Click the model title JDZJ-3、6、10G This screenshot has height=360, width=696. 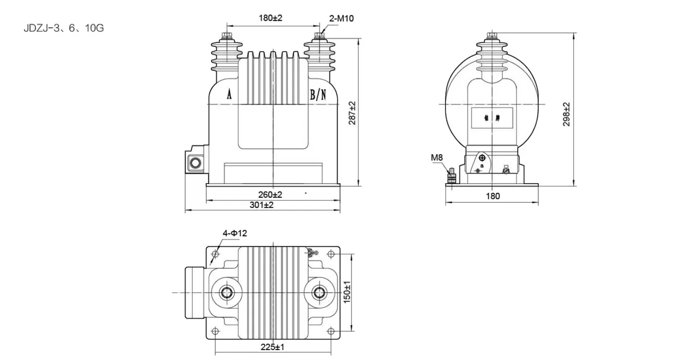64,28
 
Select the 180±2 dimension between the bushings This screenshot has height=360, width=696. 270,18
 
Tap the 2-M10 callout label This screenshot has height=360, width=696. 342,18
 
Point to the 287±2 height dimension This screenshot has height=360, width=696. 352,113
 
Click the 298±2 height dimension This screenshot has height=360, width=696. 566,114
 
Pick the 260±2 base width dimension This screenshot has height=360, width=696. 270,194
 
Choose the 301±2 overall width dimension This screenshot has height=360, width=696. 261,205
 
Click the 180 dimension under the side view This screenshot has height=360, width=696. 492,196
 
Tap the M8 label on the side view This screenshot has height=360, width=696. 436,158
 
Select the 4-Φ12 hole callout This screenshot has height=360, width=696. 235,233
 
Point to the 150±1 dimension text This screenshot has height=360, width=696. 348,292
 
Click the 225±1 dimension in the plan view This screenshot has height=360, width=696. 273,347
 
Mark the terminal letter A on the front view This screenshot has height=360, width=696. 229,94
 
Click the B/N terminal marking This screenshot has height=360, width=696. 318,95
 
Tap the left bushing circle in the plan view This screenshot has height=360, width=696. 227,292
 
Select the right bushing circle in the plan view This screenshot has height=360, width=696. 319,292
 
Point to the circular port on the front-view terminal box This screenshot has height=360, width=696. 194,163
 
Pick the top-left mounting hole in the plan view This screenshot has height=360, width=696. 215,254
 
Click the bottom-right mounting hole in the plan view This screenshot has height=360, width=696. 331,331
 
